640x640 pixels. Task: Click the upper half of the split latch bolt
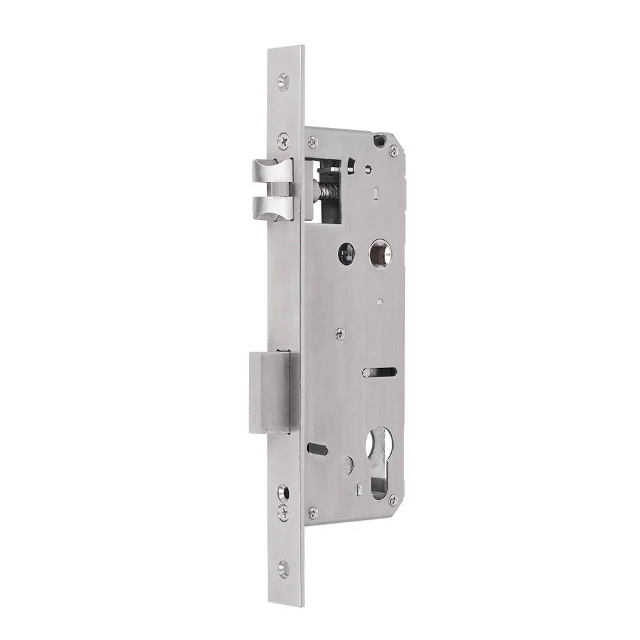tap(272, 171)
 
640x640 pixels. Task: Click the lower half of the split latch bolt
tap(272, 207)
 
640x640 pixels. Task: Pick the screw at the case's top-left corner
tap(311, 139)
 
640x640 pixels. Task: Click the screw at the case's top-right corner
tap(394, 150)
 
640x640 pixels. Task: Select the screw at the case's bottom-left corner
tap(312, 512)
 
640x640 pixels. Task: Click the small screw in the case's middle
tap(340, 332)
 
